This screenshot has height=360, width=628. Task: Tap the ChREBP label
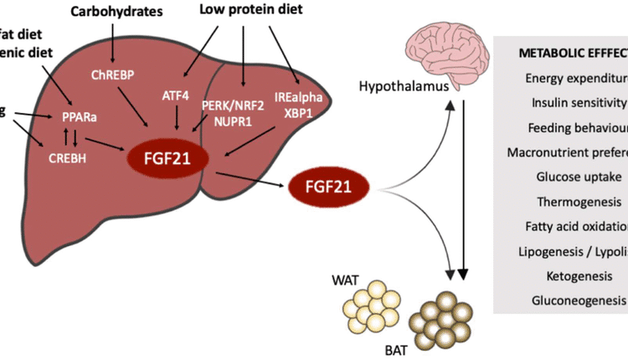[x=112, y=75]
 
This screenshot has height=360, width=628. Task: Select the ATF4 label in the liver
[x=177, y=95]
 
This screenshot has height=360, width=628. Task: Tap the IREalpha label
[x=296, y=97]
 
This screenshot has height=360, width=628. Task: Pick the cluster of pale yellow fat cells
[x=374, y=311]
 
